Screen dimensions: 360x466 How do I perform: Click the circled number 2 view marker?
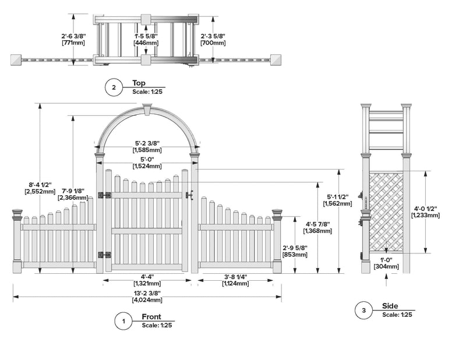pyautogui.click(x=114, y=89)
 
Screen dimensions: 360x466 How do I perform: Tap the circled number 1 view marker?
pyautogui.click(x=123, y=322)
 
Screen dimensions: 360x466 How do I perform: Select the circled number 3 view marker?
pyautogui.click(x=363, y=311)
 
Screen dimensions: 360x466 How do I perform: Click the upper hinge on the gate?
pyautogui.click(x=105, y=196)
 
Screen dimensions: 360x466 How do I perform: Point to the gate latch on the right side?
pyautogui.click(x=189, y=195)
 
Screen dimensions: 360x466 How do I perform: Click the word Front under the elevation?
pyautogui.click(x=151, y=316)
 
